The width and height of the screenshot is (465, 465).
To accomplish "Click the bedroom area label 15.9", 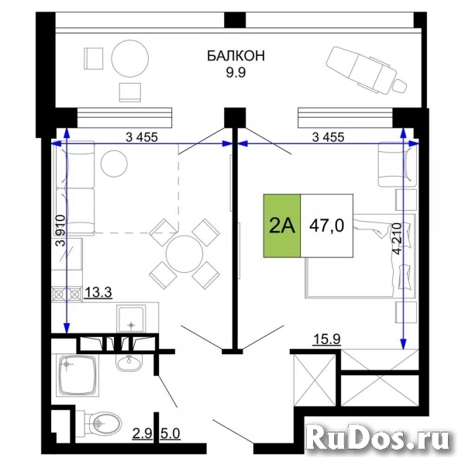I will (325, 338).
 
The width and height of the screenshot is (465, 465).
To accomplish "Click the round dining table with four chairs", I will (184, 253).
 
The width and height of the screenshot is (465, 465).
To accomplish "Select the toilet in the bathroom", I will (106, 422).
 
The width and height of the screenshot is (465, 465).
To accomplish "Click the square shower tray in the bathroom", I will (77, 376).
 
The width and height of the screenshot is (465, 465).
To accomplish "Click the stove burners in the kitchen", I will (65, 294).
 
